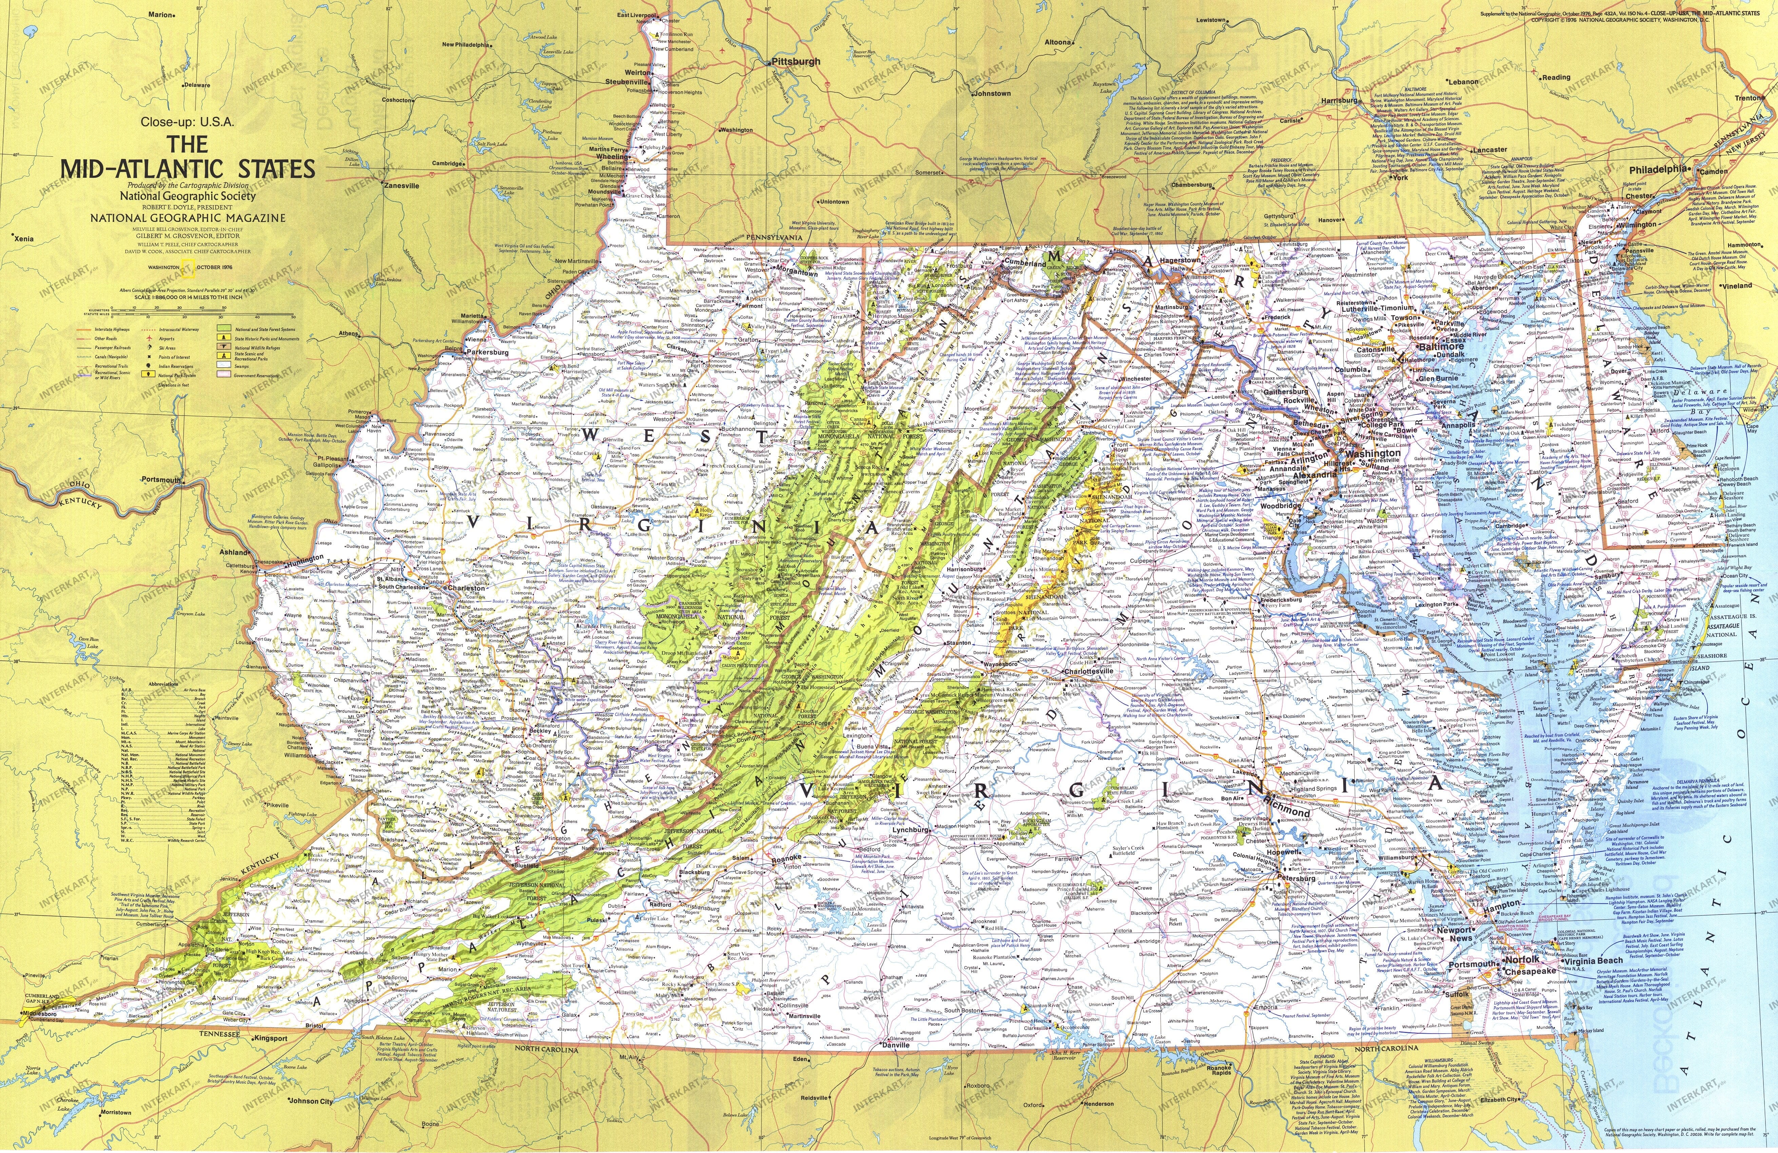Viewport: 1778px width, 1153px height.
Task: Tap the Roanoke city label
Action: (787, 858)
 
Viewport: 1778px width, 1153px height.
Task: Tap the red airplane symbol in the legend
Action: (150, 339)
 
